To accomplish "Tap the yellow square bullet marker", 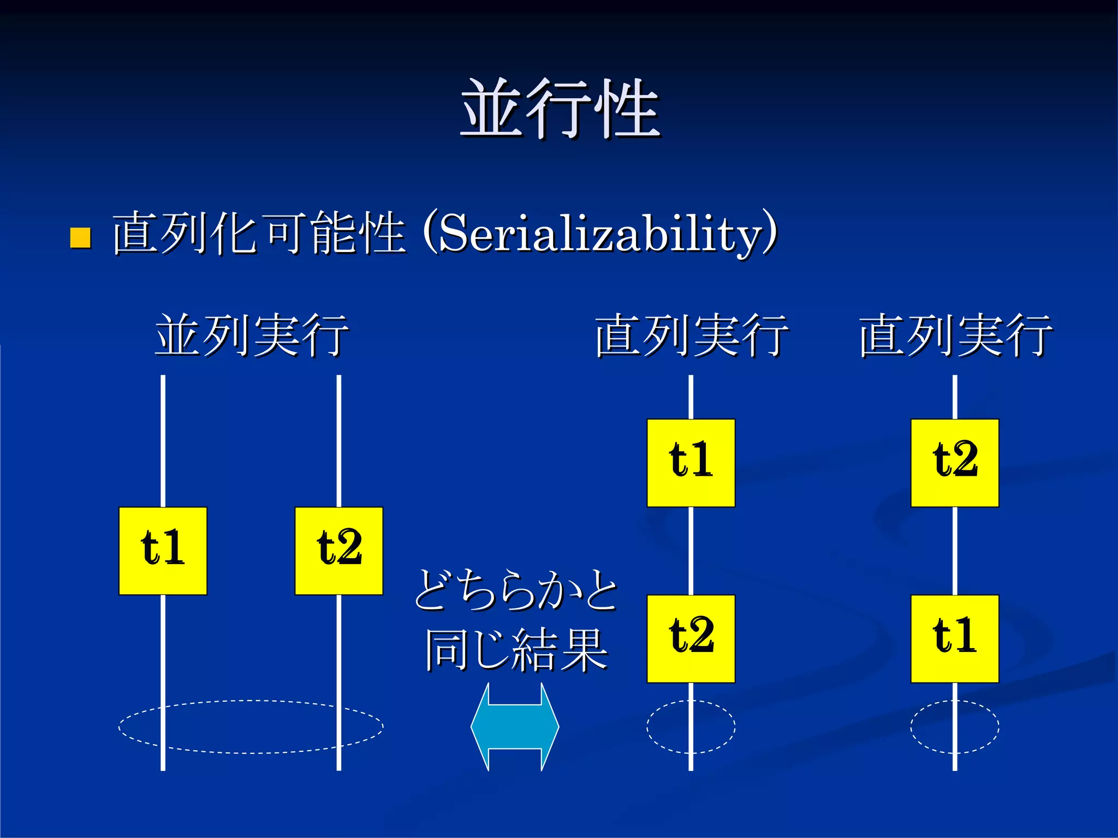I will (x=81, y=238).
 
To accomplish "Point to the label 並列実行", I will (x=252, y=335).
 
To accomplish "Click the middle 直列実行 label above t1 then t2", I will (x=691, y=335).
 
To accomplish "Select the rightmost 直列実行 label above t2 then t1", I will (x=955, y=335).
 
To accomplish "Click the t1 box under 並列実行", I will (x=163, y=550).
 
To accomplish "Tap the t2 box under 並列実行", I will (x=338, y=550).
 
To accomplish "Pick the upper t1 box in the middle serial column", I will (x=691, y=463).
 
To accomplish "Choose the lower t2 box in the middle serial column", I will (x=691, y=638).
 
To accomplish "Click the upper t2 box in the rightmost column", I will (x=954, y=463).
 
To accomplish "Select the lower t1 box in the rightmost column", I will (x=954, y=638).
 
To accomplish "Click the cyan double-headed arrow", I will (x=515, y=727).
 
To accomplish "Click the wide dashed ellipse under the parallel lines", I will (x=251, y=701).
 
